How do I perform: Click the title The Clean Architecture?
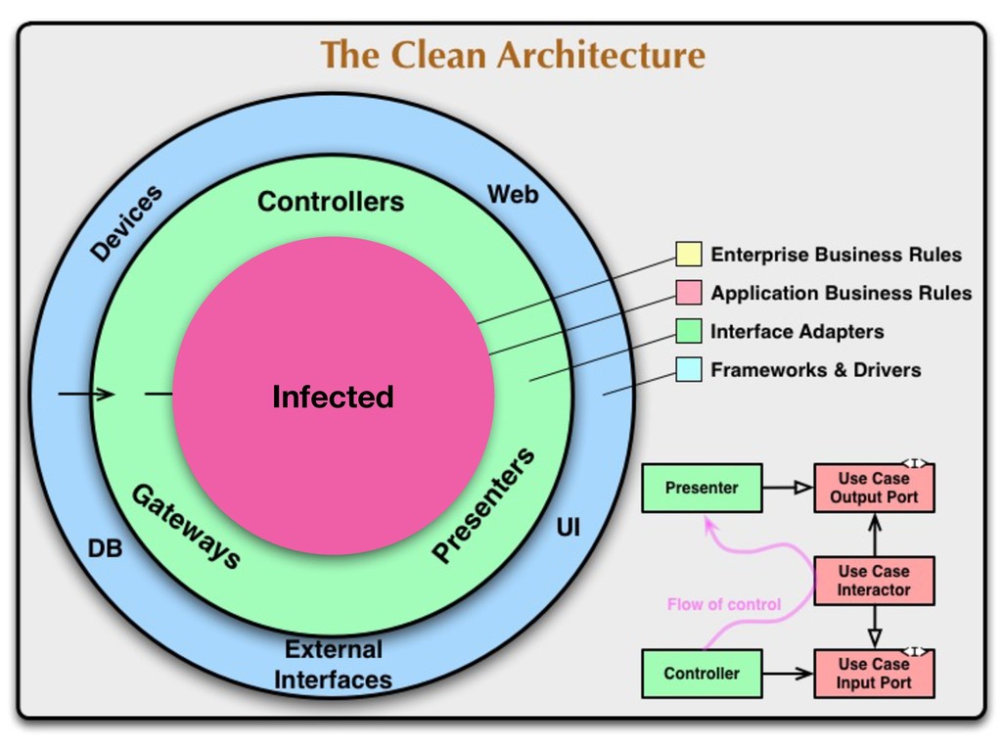[512, 54]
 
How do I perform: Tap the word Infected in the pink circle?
[333, 397]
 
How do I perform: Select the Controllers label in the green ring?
[330, 202]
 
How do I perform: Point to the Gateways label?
[186, 528]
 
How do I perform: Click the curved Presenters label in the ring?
[483, 505]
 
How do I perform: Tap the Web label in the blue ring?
[513, 195]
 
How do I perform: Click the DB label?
[105, 549]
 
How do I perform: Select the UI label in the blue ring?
[568, 528]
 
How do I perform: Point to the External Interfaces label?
[333, 664]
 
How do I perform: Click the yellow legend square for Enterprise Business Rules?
[689, 255]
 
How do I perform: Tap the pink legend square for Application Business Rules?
[689, 293]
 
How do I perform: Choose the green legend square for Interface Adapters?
[689, 331]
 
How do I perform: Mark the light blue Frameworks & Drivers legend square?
[689, 370]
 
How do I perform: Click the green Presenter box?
[702, 488]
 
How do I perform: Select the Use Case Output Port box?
[874, 488]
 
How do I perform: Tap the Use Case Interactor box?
[874, 581]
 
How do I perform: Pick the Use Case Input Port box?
[874, 674]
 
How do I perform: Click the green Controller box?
[702, 674]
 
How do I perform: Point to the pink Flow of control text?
[723, 604]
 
